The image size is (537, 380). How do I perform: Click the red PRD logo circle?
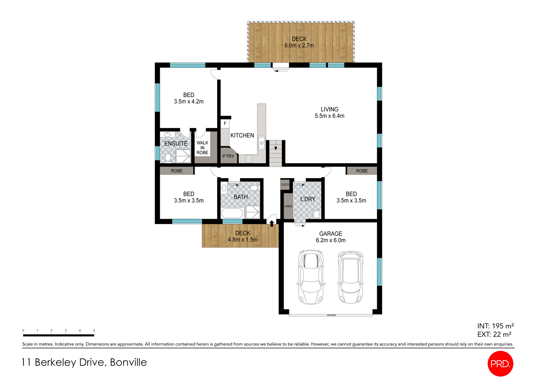click(x=500, y=363)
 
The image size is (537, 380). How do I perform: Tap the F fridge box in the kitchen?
click(x=225, y=124)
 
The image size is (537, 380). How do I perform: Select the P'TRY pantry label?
click(x=228, y=156)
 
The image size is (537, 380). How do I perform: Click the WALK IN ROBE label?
click(x=202, y=147)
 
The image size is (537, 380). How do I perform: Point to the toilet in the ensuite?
click(x=168, y=158)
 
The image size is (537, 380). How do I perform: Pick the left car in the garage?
click(x=311, y=277)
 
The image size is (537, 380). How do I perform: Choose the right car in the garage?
click(x=350, y=277)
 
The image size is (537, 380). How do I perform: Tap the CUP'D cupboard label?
click(x=285, y=184)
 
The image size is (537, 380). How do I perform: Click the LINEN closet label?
click(x=288, y=206)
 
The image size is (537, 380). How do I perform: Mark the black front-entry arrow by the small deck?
click(x=272, y=223)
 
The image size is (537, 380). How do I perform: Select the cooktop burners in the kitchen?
click(x=249, y=159)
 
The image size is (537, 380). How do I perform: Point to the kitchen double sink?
click(x=261, y=143)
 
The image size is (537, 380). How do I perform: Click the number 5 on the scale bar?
click(x=94, y=331)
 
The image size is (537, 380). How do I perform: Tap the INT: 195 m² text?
click(x=495, y=326)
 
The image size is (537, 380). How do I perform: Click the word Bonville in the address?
click(x=129, y=362)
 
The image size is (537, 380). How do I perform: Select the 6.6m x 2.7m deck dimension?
click(x=299, y=45)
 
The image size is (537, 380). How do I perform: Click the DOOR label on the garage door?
click(x=331, y=315)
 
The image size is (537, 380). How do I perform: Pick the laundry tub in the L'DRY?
click(x=316, y=214)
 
